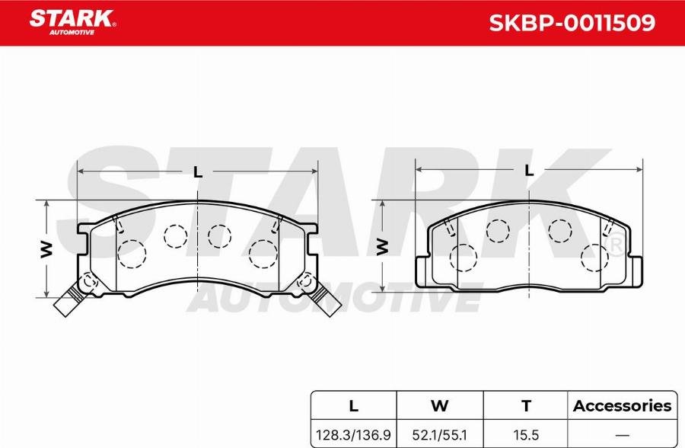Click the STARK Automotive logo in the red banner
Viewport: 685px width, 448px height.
point(72,22)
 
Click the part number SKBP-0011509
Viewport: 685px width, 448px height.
point(572,23)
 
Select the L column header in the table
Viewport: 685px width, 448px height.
point(353,406)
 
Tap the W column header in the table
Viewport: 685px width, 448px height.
point(439,406)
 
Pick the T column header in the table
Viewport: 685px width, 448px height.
point(527,406)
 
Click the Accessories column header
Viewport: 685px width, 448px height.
point(622,406)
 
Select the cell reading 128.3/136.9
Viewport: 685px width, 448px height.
point(353,435)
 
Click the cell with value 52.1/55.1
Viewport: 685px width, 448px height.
point(439,435)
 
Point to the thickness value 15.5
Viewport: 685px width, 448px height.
point(526,435)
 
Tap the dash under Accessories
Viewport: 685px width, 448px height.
point(622,435)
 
